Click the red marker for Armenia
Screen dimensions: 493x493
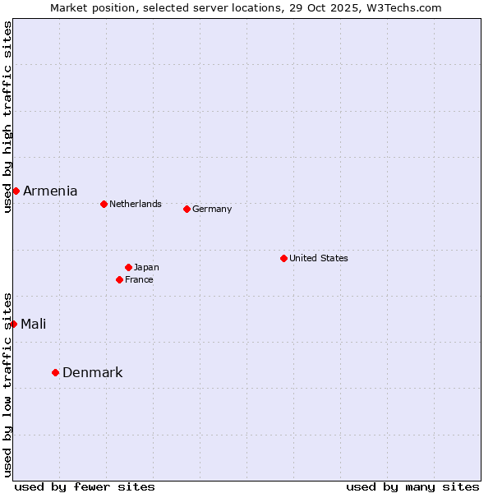point(16,191)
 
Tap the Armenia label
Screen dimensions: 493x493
point(50,191)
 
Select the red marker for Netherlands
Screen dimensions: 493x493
point(104,204)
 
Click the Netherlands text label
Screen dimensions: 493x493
point(135,204)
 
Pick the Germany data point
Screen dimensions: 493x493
point(187,209)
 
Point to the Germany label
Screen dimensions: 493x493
point(212,209)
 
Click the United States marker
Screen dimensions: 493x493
point(283,258)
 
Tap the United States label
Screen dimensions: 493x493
point(318,258)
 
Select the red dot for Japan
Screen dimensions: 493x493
point(128,267)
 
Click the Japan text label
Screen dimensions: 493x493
point(146,267)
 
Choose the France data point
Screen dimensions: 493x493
point(119,279)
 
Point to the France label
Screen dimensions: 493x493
point(139,279)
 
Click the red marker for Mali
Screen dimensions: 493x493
point(13,324)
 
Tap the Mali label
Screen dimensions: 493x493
point(33,324)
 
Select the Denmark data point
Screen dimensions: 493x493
point(55,372)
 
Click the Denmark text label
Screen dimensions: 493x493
point(92,372)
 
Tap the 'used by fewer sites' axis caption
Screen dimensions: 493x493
point(85,486)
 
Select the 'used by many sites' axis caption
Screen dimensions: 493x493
point(412,486)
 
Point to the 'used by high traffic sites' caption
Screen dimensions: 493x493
point(7,117)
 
